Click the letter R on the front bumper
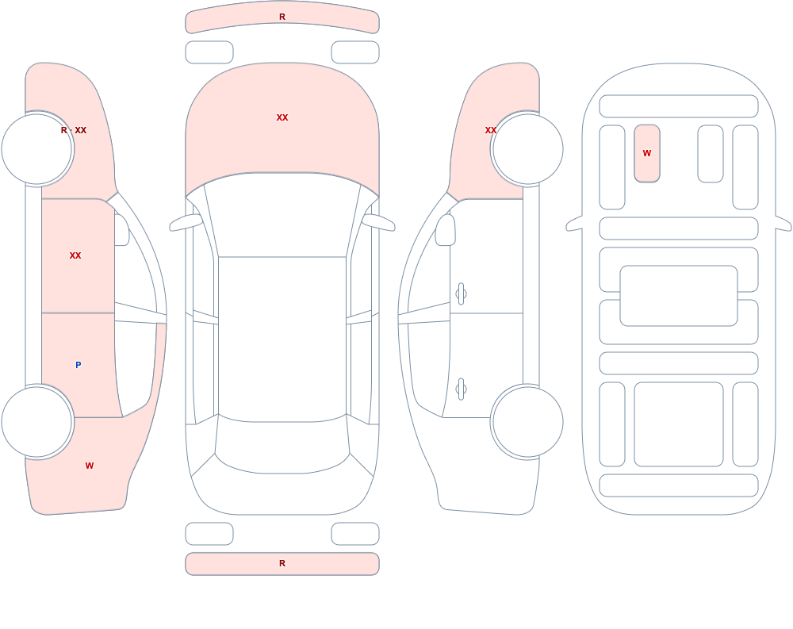(x=282, y=17)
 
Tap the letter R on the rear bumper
(x=282, y=563)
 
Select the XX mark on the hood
(x=282, y=117)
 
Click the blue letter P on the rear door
(x=78, y=365)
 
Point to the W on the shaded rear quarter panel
(x=90, y=466)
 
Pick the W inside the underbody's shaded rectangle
(x=647, y=153)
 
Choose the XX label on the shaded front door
(x=75, y=255)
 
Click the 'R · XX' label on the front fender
(x=74, y=130)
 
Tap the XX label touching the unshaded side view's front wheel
(x=491, y=130)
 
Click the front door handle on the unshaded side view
(x=461, y=294)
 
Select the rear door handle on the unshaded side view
(x=461, y=389)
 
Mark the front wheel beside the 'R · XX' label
(x=37, y=149)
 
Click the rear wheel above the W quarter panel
(x=37, y=421)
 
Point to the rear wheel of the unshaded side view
(x=527, y=421)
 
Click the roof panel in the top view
(x=282, y=338)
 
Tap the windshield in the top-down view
(x=282, y=217)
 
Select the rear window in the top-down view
(x=282, y=445)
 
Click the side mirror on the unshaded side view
(x=445, y=230)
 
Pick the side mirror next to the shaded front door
(x=121, y=230)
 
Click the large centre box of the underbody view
(x=679, y=296)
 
